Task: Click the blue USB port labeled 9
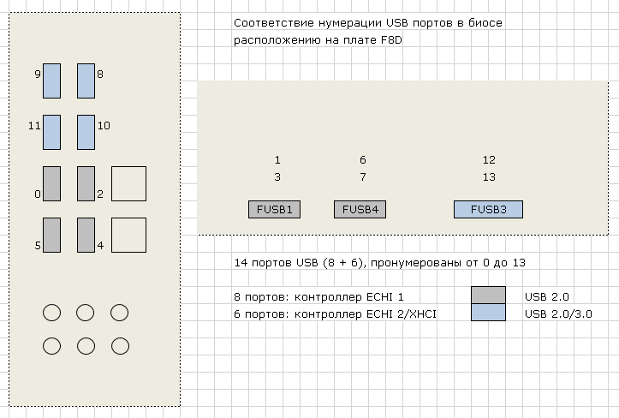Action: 51,81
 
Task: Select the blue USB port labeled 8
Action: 86,81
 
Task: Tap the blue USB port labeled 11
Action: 51,132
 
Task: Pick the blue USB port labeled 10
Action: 86,132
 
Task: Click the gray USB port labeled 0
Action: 51,183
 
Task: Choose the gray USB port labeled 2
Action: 86,183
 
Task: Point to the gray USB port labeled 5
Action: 51,235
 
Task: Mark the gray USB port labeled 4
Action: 86,235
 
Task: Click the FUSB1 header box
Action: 274,209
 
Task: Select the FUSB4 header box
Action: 360,209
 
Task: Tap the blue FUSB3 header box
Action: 488,209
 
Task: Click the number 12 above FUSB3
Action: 489,160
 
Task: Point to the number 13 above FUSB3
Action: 489,177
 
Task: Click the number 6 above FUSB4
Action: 363,160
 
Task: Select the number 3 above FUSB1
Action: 277,177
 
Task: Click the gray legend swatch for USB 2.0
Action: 488,296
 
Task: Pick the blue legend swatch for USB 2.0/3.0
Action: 488,313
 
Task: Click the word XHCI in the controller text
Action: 420,314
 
